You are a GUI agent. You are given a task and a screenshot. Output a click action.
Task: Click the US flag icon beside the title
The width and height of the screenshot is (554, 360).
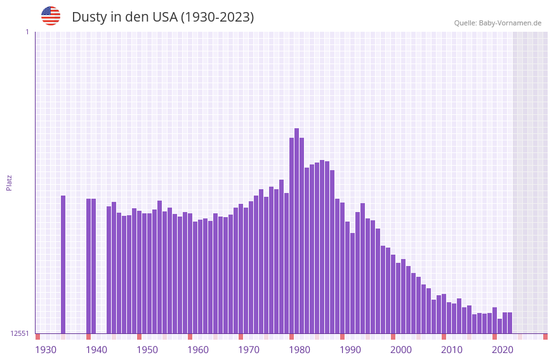(x=51, y=16)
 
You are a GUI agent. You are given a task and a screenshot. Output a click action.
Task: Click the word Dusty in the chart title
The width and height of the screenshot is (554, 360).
(x=89, y=17)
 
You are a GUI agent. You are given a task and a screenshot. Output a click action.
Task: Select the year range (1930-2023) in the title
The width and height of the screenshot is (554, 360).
(x=217, y=17)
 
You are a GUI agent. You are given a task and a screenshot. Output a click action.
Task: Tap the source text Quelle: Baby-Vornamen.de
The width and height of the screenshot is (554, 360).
(x=498, y=23)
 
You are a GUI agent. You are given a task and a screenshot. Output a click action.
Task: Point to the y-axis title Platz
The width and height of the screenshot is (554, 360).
(x=9, y=182)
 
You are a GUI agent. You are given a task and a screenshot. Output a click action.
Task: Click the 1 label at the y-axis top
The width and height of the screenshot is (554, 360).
(x=27, y=32)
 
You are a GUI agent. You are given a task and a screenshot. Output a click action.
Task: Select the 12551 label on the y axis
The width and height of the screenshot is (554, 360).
(x=20, y=333)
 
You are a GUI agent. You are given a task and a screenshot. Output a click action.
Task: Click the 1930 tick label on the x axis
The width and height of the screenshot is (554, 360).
(x=46, y=349)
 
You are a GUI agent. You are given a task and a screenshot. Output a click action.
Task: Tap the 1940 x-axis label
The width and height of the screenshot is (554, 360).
(x=96, y=349)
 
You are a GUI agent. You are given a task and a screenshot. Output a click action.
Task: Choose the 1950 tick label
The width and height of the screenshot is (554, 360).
(x=147, y=349)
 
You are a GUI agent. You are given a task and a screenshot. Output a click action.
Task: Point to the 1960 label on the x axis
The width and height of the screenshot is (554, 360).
(x=198, y=349)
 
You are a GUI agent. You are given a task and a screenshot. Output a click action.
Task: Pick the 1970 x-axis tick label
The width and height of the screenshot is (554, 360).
(x=249, y=349)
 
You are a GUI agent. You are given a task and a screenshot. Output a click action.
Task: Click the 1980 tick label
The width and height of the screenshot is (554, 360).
(x=300, y=349)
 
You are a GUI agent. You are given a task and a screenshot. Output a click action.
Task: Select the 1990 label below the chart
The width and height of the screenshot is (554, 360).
(x=350, y=349)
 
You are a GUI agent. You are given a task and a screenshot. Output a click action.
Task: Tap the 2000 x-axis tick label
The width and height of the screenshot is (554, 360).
(x=401, y=349)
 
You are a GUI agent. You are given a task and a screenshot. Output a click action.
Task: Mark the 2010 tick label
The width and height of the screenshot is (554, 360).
(x=452, y=349)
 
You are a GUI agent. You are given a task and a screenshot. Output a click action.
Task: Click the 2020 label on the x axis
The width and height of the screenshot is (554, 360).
(x=503, y=349)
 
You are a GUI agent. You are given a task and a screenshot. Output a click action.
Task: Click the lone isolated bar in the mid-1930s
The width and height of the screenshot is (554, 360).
(x=63, y=264)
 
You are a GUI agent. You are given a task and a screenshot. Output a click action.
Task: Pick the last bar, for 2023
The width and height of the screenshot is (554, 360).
(x=510, y=323)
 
